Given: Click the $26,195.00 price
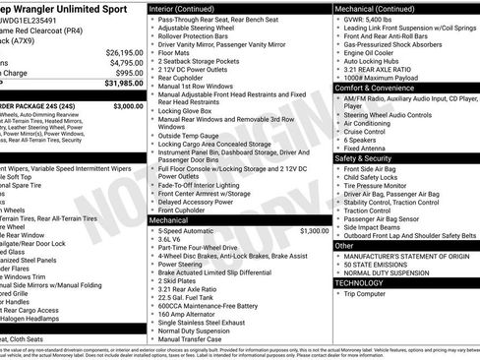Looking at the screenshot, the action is (x=124, y=52).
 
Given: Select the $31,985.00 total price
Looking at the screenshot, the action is (x=123, y=84).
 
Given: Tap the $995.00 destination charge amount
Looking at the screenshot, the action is (x=129, y=73).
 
